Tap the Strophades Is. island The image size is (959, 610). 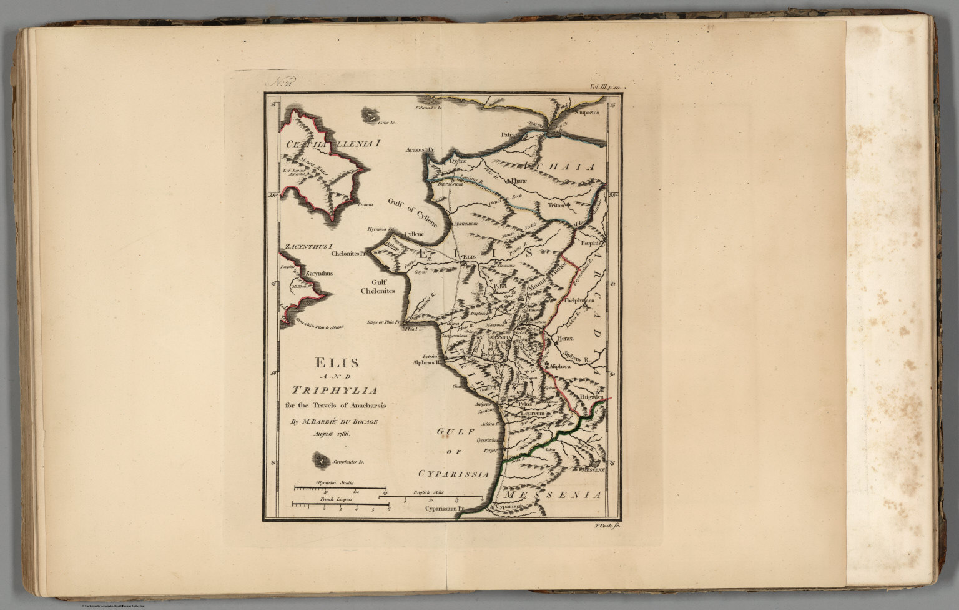[x=322, y=462]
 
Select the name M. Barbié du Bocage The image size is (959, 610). [x=334, y=421]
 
